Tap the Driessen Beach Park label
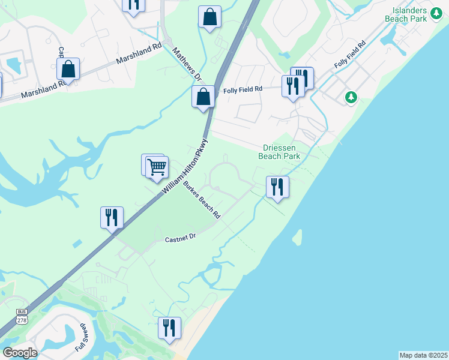pos(279,152)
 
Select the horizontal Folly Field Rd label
pos(243,90)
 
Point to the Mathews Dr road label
pos(186,65)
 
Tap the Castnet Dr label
pos(181,238)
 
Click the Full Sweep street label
pos(82,338)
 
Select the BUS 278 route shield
pos(22,316)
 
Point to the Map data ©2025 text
pos(423,355)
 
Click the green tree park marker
pos(351,97)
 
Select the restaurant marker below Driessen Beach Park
pos(277,186)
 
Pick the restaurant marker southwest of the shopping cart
pos(112,217)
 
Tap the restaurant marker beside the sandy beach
pos(169,328)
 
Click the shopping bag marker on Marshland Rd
pos(68,69)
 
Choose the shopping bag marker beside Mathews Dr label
pos(203,96)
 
